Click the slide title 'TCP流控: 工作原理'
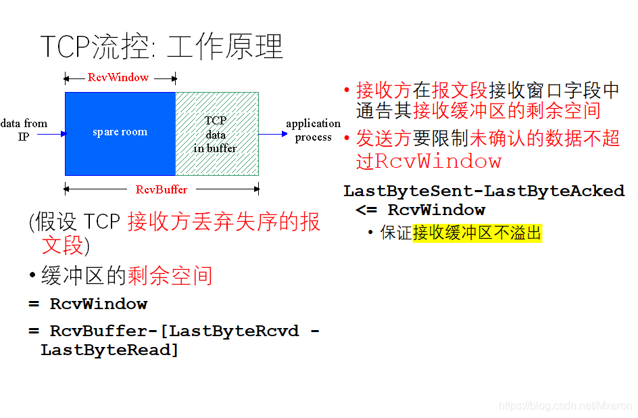pyautogui.click(x=162, y=47)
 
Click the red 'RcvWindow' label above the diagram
pyautogui.click(x=118, y=77)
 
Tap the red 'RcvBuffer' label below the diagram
pyautogui.click(x=162, y=189)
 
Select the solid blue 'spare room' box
pyautogui.click(x=120, y=133)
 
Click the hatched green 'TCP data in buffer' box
pyautogui.click(x=216, y=134)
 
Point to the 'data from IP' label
pyautogui.click(x=24, y=129)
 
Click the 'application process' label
pyautogui.click(x=313, y=130)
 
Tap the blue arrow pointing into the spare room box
pyautogui.click(x=51, y=134)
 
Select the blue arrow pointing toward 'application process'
pyautogui.click(x=273, y=134)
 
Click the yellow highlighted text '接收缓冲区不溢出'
pyautogui.click(x=477, y=233)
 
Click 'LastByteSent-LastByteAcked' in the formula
pyautogui.click(x=483, y=191)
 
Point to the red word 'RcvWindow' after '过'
pyautogui.click(x=438, y=161)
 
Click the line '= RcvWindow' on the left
pyautogui.click(x=88, y=304)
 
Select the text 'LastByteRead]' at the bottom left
pyautogui.click(x=109, y=350)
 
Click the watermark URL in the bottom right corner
pyautogui.click(x=565, y=405)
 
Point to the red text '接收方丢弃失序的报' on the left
pyautogui.click(x=224, y=222)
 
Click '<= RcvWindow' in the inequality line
pyautogui.click(x=420, y=210)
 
